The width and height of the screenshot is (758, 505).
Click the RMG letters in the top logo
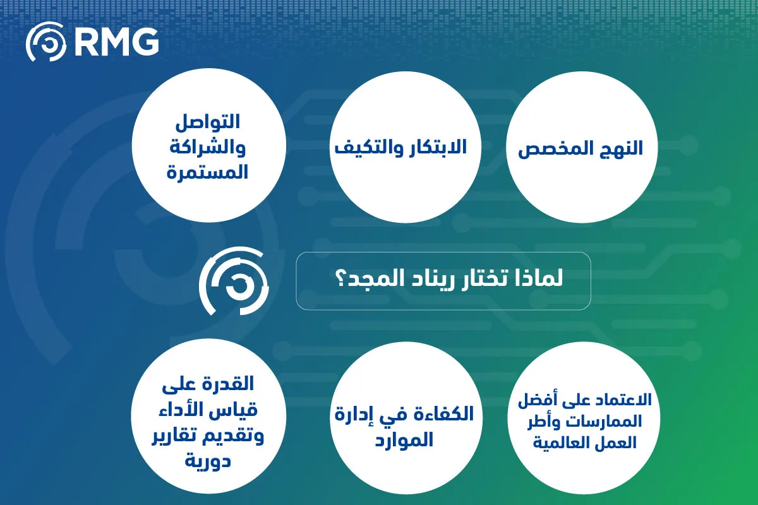coord(116,42)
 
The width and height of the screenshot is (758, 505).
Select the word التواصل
coord(207,122)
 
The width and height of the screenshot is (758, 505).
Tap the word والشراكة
coord(207,148)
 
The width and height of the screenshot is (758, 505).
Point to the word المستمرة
coord(207,172)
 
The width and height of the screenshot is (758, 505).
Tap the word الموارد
coord(404,440)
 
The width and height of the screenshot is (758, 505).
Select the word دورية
coord(208,461)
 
